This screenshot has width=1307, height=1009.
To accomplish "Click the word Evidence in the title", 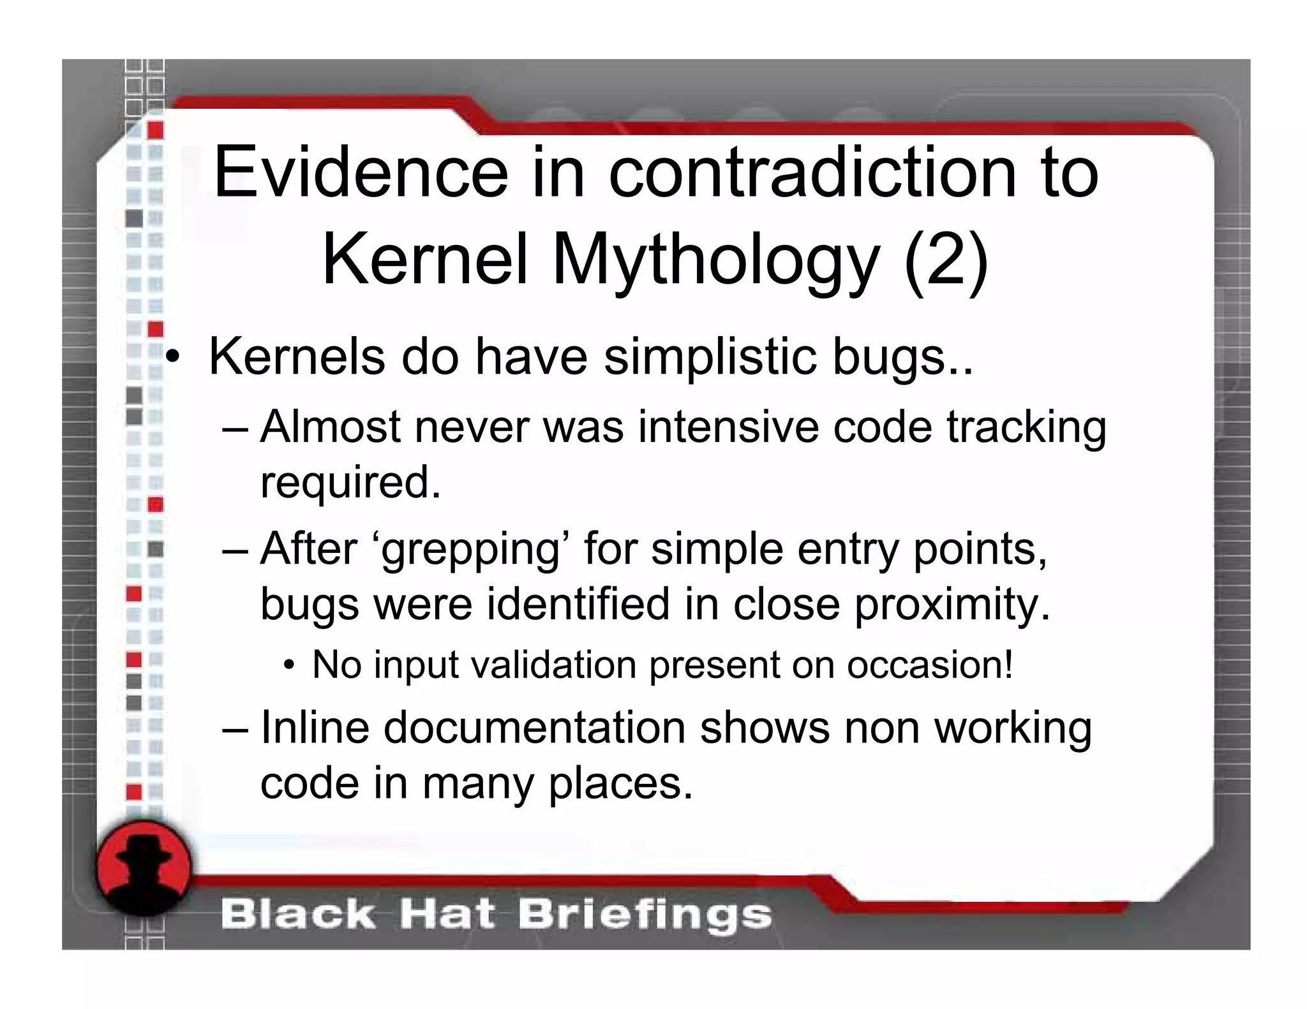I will coord(361,172).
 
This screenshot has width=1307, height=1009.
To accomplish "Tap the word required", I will coord(350,483).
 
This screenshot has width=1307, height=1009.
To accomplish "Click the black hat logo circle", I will coord(144,868).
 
